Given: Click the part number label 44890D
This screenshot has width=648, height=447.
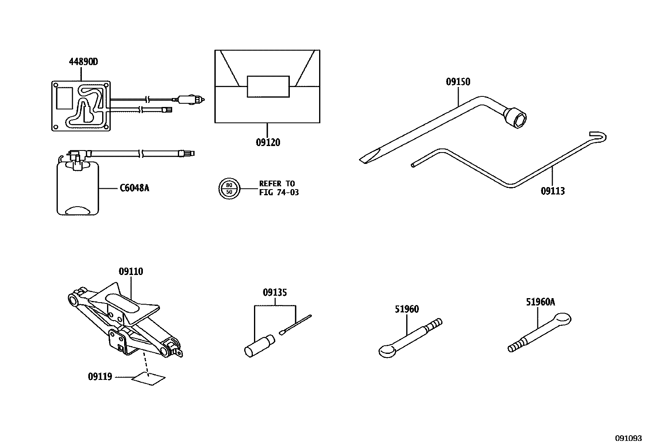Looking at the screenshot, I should click(x=83, y=62).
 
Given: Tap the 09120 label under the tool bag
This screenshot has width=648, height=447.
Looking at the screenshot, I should click(x=268, y=142).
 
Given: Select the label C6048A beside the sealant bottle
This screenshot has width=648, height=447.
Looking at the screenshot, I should click(x=134, y=188).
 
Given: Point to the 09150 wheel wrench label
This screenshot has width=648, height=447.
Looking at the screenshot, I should click(x=458, y=82).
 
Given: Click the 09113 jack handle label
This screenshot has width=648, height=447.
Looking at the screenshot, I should click(x=553, y=191).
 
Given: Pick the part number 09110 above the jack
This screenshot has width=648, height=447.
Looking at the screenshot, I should click(x=131, y=271).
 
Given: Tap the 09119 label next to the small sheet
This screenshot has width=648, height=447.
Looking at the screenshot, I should click(x=100, y=377).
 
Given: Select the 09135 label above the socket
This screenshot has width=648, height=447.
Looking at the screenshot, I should click(x=275, y=292).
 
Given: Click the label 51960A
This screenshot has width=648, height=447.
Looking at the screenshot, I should click(x=540, y=302).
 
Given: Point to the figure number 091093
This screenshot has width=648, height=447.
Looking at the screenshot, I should click(x=628, y=438).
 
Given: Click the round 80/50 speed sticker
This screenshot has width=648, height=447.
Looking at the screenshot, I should click(x=229, y=188).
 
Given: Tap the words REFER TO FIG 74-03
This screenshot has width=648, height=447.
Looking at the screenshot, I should click(x=279, y=188).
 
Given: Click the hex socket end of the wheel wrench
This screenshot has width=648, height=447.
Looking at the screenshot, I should click(x=516, y=118).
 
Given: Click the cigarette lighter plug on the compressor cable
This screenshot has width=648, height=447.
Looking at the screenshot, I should click(x=188, y=99).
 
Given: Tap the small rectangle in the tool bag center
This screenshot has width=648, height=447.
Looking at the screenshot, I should click(x=268, y=87).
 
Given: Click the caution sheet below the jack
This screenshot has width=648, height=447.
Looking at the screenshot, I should click(x=149, y=379).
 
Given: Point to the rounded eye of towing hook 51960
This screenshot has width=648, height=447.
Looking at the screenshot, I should click(x=387, y=350).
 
